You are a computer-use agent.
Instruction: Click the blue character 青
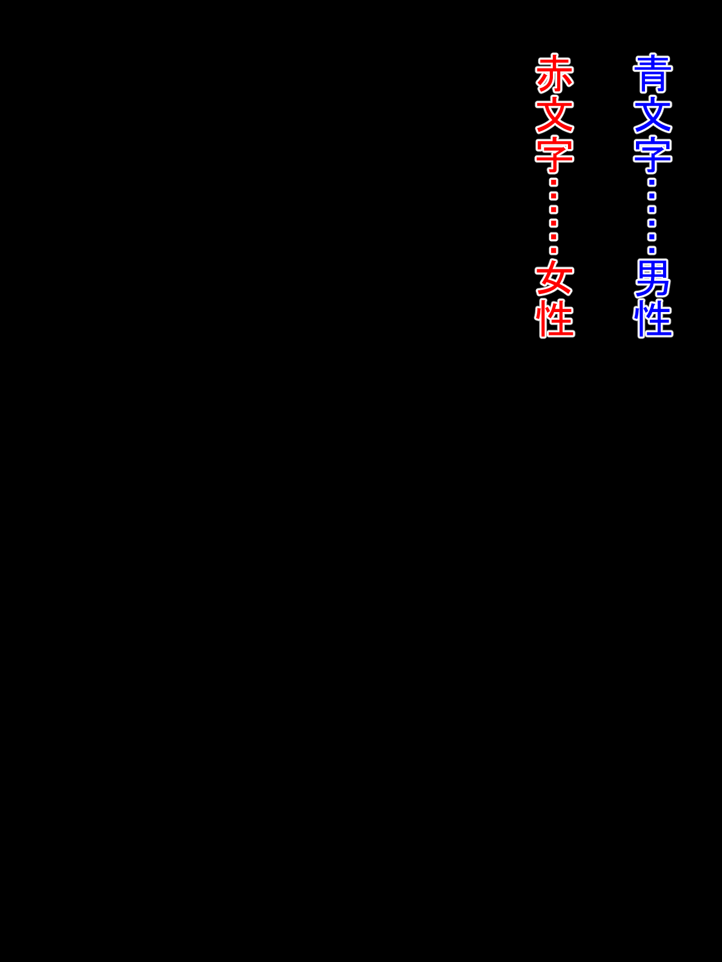653,73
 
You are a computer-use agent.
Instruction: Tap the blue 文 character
653,114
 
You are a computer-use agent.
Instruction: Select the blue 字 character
653,155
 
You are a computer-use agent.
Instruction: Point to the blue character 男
653,278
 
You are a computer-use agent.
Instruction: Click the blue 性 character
653,319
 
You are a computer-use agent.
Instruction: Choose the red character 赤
555,73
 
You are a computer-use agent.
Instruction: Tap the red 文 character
555,114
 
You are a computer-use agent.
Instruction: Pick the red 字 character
555,155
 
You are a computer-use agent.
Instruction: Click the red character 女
555,278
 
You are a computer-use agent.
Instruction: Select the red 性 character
555,319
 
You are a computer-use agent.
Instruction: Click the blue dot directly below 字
652,182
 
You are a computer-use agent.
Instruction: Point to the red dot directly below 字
554,182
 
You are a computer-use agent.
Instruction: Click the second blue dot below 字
652,196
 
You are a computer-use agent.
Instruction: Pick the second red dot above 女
554,237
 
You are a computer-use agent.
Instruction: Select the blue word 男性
653,298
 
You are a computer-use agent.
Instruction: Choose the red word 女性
555,298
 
